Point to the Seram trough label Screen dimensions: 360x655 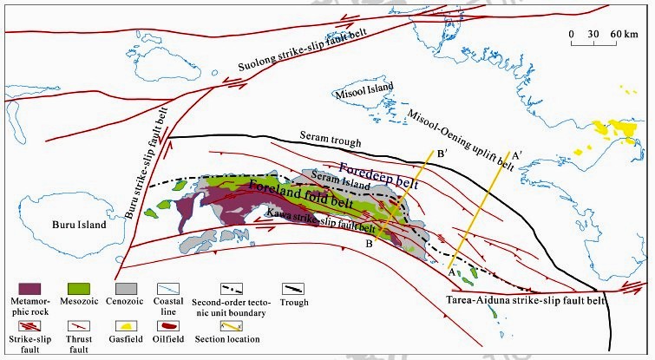pyautogui.click(x=329, y=137)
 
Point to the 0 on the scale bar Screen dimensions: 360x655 pyautogui.click(x=572, y=34)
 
